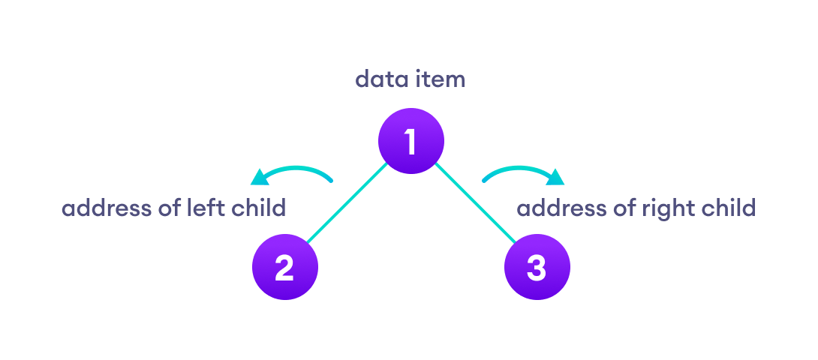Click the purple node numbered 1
(411, 141)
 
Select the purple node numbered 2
(284, 268)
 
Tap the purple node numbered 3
(537, 268)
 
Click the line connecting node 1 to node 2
(347, 204)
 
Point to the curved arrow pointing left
(296, 171)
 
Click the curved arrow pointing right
(518, 172)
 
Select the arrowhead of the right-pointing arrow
(556, 178)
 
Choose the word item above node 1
(440, 79)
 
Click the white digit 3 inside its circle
(537, 268)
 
